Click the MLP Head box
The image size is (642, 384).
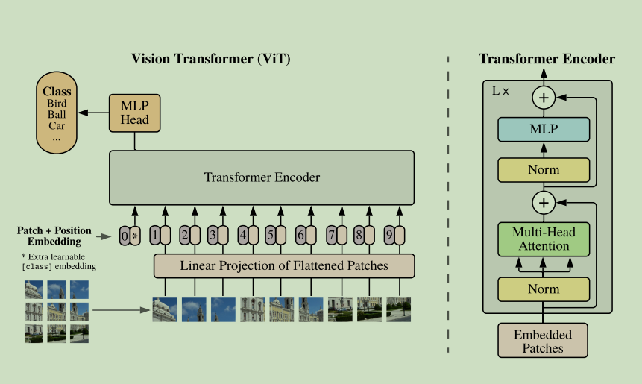coord(135,113)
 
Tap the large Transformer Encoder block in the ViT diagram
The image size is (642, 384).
coord(262,177)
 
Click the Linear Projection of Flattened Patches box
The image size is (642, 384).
coord(283,265)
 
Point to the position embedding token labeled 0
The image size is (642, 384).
coord(125,236)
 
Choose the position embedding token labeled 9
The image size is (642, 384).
coord(388,236)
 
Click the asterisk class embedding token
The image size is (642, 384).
coord(135,236)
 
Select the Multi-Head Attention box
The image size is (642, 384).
coord(543,239)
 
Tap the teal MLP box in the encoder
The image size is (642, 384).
coord(543,130)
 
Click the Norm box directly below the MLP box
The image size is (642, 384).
coord(543,170)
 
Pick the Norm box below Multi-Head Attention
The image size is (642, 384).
coord(543,289)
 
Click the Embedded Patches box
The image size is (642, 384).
coord(543,340)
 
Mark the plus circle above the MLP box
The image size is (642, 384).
coord(544,97)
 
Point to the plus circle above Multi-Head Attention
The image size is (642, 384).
coord(544,201)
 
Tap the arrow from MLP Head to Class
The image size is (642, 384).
coord(94,113)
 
